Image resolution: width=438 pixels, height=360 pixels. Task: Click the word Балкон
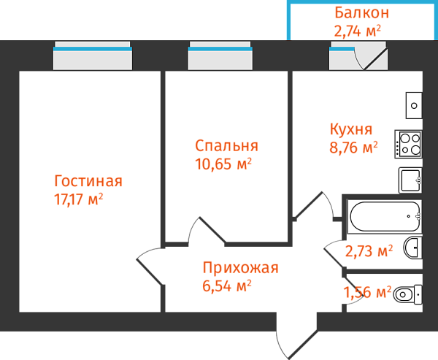(x=361, y=12)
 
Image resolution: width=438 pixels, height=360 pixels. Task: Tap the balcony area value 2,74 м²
(x=358, y=30)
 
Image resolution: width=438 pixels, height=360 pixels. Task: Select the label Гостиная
(x=88, y=181)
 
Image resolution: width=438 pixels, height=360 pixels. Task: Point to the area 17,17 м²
(x=78, y=199)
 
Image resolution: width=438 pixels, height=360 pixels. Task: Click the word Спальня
(x=226, y=145)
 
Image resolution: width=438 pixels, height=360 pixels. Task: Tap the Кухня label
(x=351, y=129)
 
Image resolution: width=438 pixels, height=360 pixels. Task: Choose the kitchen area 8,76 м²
(x=353, y=148)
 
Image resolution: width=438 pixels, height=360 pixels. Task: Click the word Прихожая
(x=240, y=267)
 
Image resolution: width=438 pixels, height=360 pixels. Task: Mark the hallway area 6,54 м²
(x=226, y=286)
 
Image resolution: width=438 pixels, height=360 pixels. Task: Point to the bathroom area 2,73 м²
(x=369, y=252)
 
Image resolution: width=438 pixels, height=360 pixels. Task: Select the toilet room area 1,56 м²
(x=367, y=293)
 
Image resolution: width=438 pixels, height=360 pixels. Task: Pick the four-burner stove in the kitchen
(x=408, y=143)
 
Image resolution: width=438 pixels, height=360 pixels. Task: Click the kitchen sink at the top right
(x=414, y=106)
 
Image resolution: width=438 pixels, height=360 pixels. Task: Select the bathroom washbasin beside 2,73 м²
(x=412, y=248)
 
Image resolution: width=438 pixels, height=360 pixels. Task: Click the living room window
(x=93, y=56)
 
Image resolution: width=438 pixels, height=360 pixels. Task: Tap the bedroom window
(x=220, y=56)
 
